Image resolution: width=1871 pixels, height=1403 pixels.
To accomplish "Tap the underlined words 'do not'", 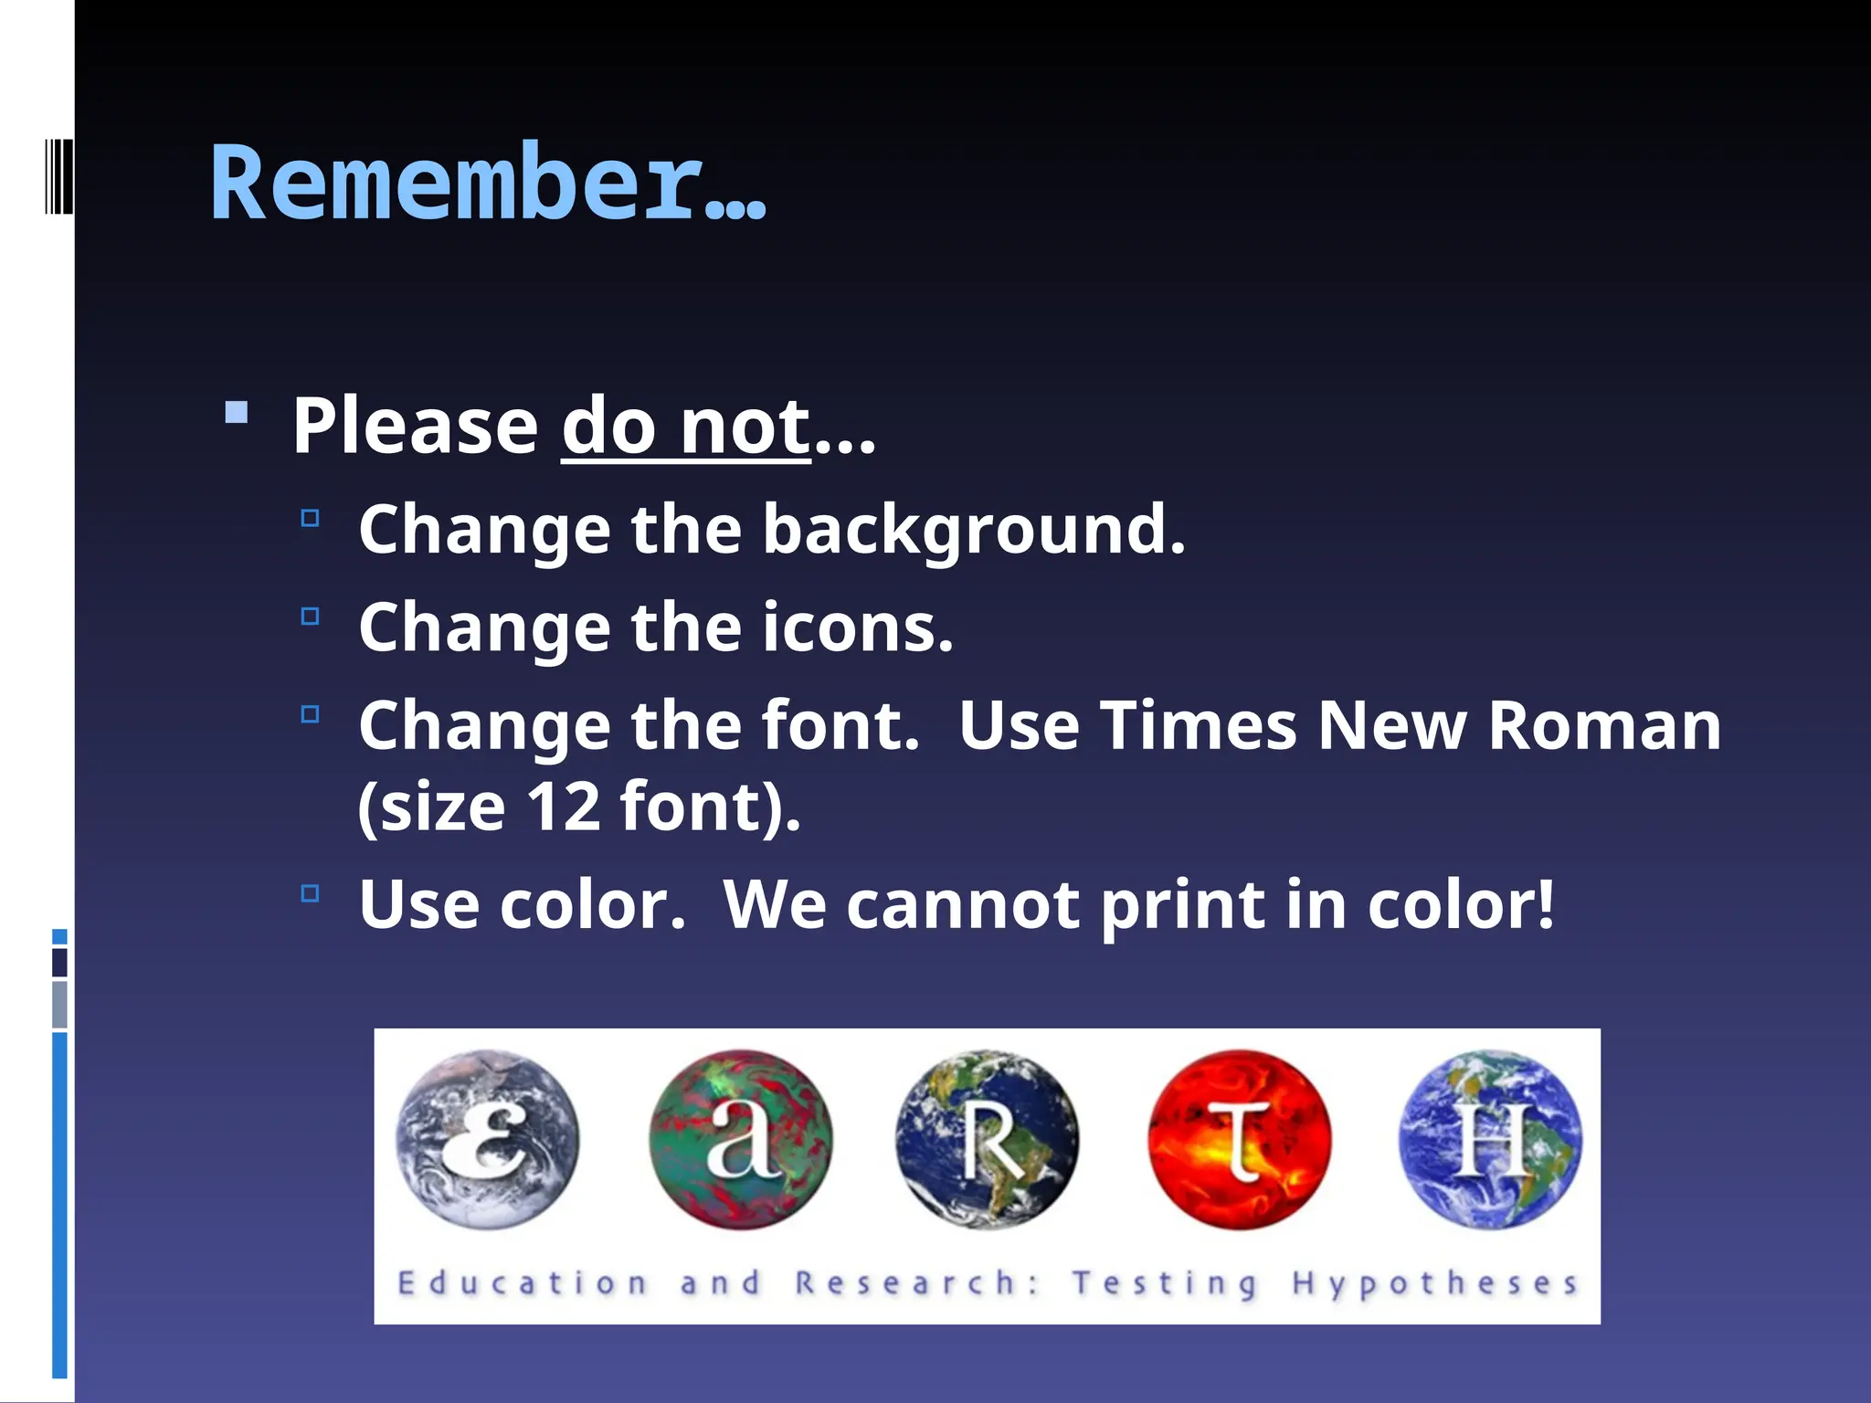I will click(685, 427).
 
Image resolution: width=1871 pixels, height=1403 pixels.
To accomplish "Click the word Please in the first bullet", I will click(416, 427).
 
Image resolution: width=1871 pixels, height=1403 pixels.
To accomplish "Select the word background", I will click(974, 530).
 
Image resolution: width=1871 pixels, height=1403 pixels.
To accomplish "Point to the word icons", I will click(859, 628).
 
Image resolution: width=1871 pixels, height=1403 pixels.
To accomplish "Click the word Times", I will click(1197, 726).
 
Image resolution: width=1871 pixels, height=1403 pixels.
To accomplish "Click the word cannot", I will click(963, 905).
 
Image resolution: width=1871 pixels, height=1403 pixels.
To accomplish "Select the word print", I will click(1182, 907).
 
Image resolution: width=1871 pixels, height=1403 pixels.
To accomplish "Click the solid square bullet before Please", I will click(237, 413).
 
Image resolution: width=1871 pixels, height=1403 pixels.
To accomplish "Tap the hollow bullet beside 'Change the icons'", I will click(311, 617).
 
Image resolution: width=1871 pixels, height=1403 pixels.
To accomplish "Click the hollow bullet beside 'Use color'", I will click(311, 892).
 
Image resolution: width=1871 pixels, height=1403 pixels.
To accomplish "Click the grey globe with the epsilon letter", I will click(488, 1139).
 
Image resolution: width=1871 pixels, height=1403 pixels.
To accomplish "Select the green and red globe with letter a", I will click(741, 1139).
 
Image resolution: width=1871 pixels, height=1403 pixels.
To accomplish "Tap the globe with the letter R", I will click(988, 1139).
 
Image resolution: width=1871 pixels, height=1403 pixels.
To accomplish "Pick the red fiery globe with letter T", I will click(1240, 1139).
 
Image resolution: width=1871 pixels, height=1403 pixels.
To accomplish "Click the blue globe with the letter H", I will click(1491, 1139).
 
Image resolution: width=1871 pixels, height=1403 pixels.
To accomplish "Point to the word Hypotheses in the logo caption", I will click(1434, 1283).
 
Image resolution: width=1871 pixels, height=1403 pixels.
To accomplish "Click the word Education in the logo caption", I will click(523, 1283).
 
